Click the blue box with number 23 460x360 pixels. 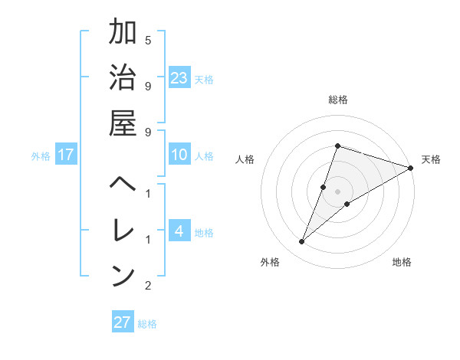pos(179,78)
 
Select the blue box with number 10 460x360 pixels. pos(179,155)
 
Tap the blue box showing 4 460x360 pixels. pos(179,231)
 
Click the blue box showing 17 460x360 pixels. pos(66,155)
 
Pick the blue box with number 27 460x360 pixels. pos(123,322)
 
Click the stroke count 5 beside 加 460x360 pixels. pos(148,40)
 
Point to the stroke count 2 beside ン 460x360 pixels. pos(148,286)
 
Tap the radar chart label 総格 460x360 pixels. pos(337,100)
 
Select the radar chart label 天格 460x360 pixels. pos(431,159)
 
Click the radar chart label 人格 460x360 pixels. pos(245,159)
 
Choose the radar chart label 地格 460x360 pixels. pos(402,262)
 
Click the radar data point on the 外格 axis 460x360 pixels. pos(302,242)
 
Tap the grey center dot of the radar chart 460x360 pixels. pos(337,191)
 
